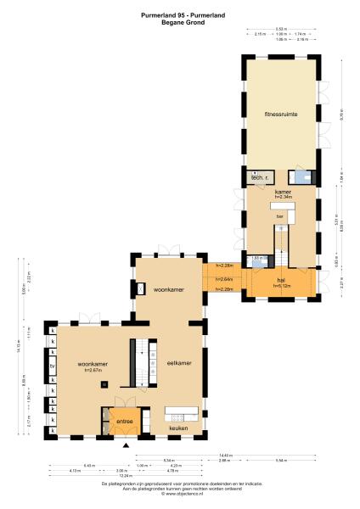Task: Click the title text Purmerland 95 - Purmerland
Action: (179, 15)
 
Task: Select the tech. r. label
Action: (260, 178)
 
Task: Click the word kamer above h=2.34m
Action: (282, 193)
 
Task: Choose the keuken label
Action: (178, 428)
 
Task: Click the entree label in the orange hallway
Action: (125, 421)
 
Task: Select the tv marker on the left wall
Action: (53, 366)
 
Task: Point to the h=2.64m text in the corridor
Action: (224, 278)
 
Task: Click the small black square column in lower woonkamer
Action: (104, 384)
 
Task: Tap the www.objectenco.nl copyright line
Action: (179, 493)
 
